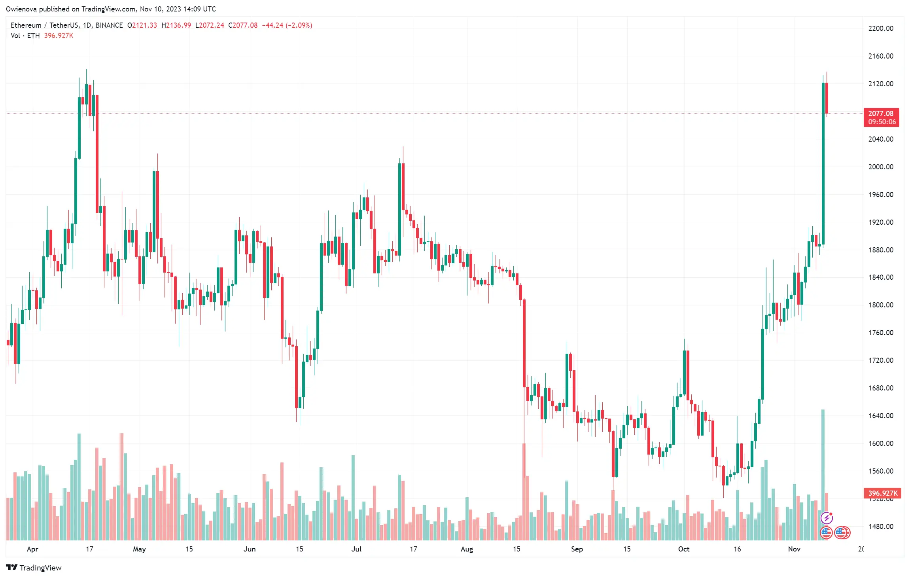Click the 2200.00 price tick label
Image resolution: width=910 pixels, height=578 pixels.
tap(880, 28)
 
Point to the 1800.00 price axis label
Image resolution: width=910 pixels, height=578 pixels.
tap(880, 305)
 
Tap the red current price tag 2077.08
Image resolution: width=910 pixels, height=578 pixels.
tap(881, 114)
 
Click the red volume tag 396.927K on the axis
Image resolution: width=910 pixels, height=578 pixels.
tap(882, 493)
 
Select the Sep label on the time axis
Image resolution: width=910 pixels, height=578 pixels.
tap(577, 549)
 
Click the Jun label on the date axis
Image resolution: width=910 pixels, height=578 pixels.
tap(250, 549)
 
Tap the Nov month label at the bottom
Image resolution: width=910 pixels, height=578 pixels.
tap(794, 549)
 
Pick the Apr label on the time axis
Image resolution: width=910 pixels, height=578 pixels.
tap(32, 549)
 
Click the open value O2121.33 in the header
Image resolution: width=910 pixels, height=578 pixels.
tap(142, 25)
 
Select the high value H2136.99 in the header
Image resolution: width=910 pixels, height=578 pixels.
tap(176, 25)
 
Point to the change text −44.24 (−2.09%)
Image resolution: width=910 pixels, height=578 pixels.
tap(287, 25)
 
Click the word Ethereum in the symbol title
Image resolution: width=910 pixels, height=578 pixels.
tap(26, 25)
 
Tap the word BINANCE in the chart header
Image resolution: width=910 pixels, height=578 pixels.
tap(109, 25)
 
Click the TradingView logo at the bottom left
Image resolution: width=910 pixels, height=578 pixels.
tap(34, 568)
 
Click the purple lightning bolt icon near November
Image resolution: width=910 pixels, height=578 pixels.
tap(827, 517)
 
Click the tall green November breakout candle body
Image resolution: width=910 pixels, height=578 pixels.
tap(823, 166)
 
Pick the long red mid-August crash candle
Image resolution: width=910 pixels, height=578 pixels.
tap(524, 344)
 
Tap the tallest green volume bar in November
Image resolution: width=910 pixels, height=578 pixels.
tap(823, 475)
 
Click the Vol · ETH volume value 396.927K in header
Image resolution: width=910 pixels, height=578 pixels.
tap(59, 36)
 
